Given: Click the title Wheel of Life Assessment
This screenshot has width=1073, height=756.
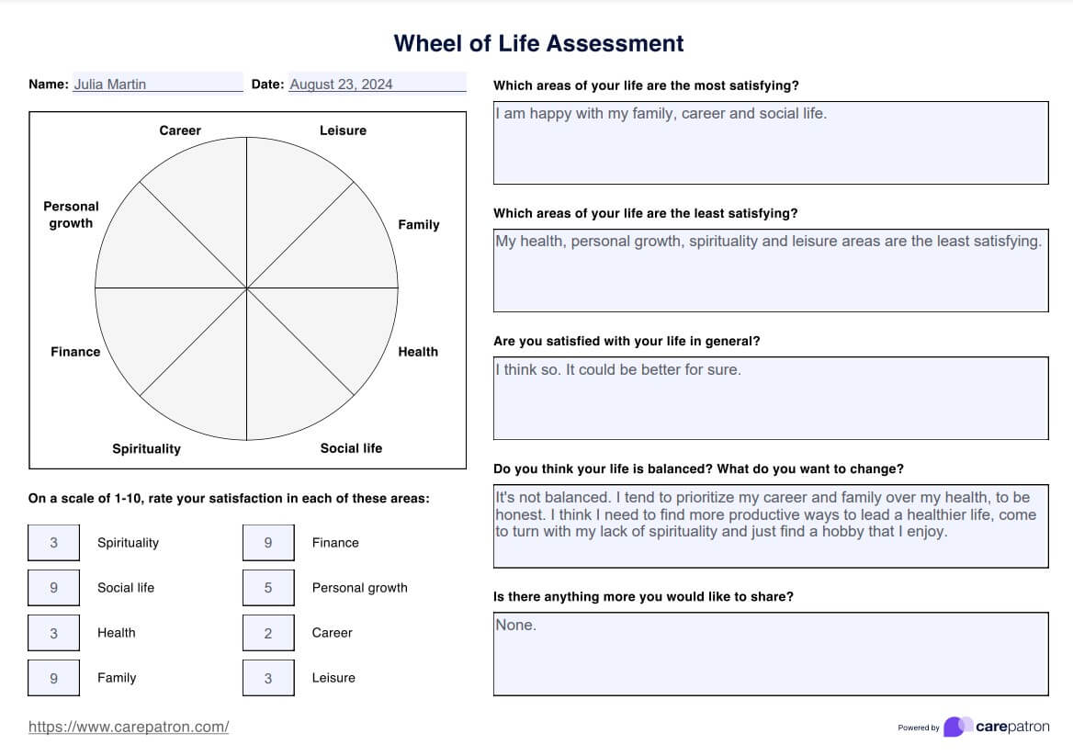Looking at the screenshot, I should (538, 43).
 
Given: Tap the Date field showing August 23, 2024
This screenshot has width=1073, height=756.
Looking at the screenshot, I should (377, 84).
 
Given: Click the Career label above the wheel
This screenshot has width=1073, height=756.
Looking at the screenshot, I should (180, 130).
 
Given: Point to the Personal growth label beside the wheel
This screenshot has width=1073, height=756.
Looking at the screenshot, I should (71, 214).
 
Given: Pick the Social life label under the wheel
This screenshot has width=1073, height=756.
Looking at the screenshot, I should (351, 448).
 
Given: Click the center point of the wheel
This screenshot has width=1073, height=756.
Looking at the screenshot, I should (246, 288).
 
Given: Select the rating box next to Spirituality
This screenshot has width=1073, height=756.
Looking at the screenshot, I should (53, 543).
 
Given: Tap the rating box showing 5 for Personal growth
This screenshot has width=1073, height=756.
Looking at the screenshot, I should (268, 588).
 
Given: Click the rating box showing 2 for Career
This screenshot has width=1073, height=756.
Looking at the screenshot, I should (268, 633).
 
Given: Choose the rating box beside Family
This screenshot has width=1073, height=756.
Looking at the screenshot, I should (53, 678).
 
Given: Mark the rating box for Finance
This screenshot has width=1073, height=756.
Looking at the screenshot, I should (268, 543).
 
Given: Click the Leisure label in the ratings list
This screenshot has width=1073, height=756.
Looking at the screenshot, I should (333, 678).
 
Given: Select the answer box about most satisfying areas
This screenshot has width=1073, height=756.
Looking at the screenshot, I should (770, 142).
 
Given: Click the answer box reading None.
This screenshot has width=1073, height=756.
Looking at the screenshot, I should (770, 653).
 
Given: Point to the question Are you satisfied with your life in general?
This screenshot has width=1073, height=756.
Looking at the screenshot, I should (627, 341).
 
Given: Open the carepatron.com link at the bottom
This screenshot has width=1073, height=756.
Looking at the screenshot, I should (129, 727).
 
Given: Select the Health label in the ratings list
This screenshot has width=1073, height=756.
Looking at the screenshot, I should (116, 633).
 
